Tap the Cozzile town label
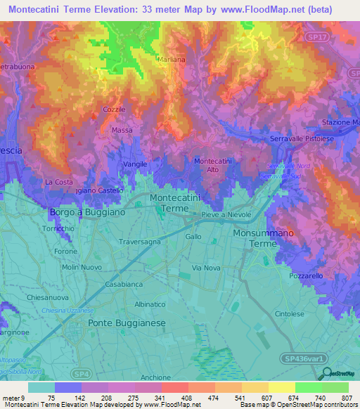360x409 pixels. pos(114,110)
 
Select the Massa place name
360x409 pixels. pos(122,131)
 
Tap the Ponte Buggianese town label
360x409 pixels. pos(127,322)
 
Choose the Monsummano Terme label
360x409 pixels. pos(266,237)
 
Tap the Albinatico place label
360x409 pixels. pos(150,304)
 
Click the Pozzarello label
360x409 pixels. pos(306,277)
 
